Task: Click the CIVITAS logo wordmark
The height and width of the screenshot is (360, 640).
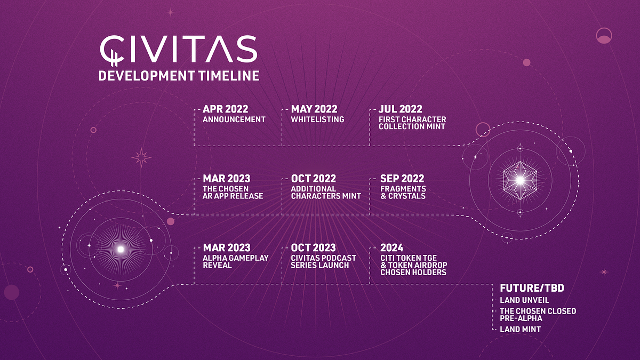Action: pos(178,49)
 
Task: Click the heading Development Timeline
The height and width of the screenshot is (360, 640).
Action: pos(179,76)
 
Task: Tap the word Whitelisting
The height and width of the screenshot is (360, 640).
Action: pos(317,119)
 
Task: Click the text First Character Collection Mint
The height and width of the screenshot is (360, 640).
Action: pos(412,123)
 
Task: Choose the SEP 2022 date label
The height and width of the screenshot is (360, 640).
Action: pos(402,179)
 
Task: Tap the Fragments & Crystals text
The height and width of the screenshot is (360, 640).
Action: pos(403,193)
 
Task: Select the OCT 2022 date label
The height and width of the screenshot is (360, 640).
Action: pos(314,179)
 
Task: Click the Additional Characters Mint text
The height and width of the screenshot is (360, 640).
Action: pos(326,193)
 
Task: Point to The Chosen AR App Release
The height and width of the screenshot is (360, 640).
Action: pos(233,193)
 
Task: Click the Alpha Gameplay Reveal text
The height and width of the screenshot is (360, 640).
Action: pos(235,261)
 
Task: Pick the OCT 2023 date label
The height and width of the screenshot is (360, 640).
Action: pos(314,247)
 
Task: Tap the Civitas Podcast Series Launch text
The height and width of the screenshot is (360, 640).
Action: pos(323,261)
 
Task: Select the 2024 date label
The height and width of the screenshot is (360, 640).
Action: pos(391,247)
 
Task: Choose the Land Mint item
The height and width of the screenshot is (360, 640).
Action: pos(520,330)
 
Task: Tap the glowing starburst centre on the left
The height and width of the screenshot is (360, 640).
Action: pos(121,249)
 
